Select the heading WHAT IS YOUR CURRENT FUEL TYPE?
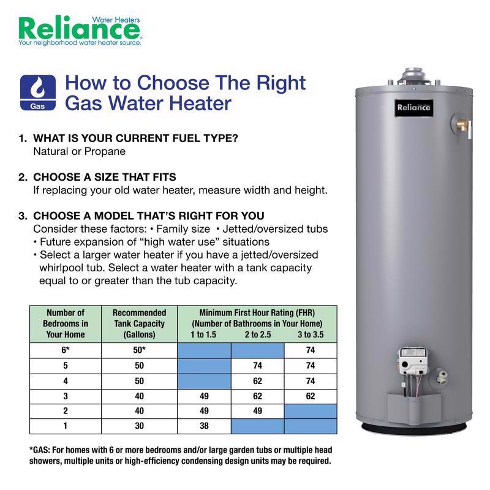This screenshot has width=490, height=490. point(135,138)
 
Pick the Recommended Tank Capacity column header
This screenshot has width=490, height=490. point(139,323)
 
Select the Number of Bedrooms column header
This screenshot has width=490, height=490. point(66,323)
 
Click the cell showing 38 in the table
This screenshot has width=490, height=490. point(204,426)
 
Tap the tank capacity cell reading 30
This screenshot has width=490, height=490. point(139,426)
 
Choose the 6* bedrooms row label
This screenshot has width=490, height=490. point(66,350)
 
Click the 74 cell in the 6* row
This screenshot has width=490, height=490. point(311,350)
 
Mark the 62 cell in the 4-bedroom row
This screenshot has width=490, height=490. point(257,380)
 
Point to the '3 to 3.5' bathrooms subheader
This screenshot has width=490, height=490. point(311,335)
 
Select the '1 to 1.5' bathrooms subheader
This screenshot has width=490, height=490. point(204,335)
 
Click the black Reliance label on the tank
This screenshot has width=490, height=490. point(414,108)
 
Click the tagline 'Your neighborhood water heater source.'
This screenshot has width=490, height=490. point(80,43)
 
